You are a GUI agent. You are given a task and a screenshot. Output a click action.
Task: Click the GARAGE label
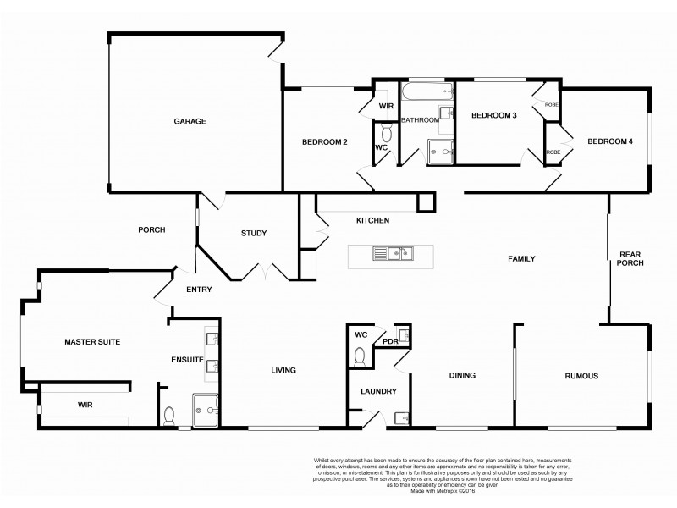click(190, 121)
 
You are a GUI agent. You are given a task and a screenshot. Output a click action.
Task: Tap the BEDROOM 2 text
click(325, 142)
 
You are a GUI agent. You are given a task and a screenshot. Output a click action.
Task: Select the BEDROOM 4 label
click(610, 141)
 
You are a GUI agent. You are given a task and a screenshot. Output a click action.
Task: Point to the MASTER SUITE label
click(92, 342)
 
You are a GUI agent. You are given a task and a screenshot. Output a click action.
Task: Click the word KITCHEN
click(372, 221)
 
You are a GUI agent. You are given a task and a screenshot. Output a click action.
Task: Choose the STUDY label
click(253, 234)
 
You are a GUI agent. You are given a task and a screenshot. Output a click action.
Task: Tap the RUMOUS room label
click(581, 377)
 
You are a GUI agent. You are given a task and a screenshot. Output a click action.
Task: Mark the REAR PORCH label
click(631, 258)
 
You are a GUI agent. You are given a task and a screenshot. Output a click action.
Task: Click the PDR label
click(390, 341)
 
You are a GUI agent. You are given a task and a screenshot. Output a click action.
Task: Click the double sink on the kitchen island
click(394, 252)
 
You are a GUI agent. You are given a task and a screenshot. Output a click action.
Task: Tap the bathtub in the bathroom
click(427, 90)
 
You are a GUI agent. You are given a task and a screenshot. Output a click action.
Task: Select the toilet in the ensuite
click(169, 415)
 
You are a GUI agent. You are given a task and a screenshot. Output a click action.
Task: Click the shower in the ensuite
click(206, 408)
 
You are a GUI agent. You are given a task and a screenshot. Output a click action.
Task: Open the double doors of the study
click(264, 271)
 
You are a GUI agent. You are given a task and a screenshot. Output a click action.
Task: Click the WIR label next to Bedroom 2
click(386, 107)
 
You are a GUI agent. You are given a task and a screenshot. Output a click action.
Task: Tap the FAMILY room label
click(521, 258)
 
